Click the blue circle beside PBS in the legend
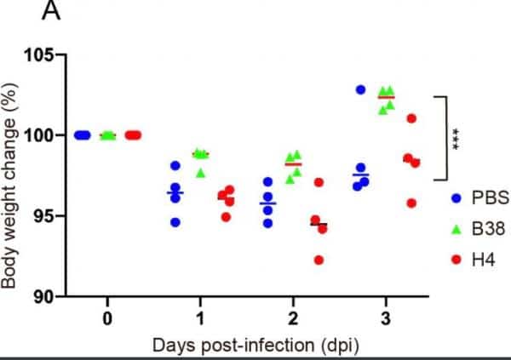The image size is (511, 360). point(456,199)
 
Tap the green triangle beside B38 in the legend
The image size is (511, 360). point(456,227)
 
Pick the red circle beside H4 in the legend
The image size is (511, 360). point(456,256)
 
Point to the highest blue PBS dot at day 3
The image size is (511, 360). point(360,89)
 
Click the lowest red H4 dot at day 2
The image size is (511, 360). point(319,260)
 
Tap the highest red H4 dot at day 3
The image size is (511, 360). point(411,118)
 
